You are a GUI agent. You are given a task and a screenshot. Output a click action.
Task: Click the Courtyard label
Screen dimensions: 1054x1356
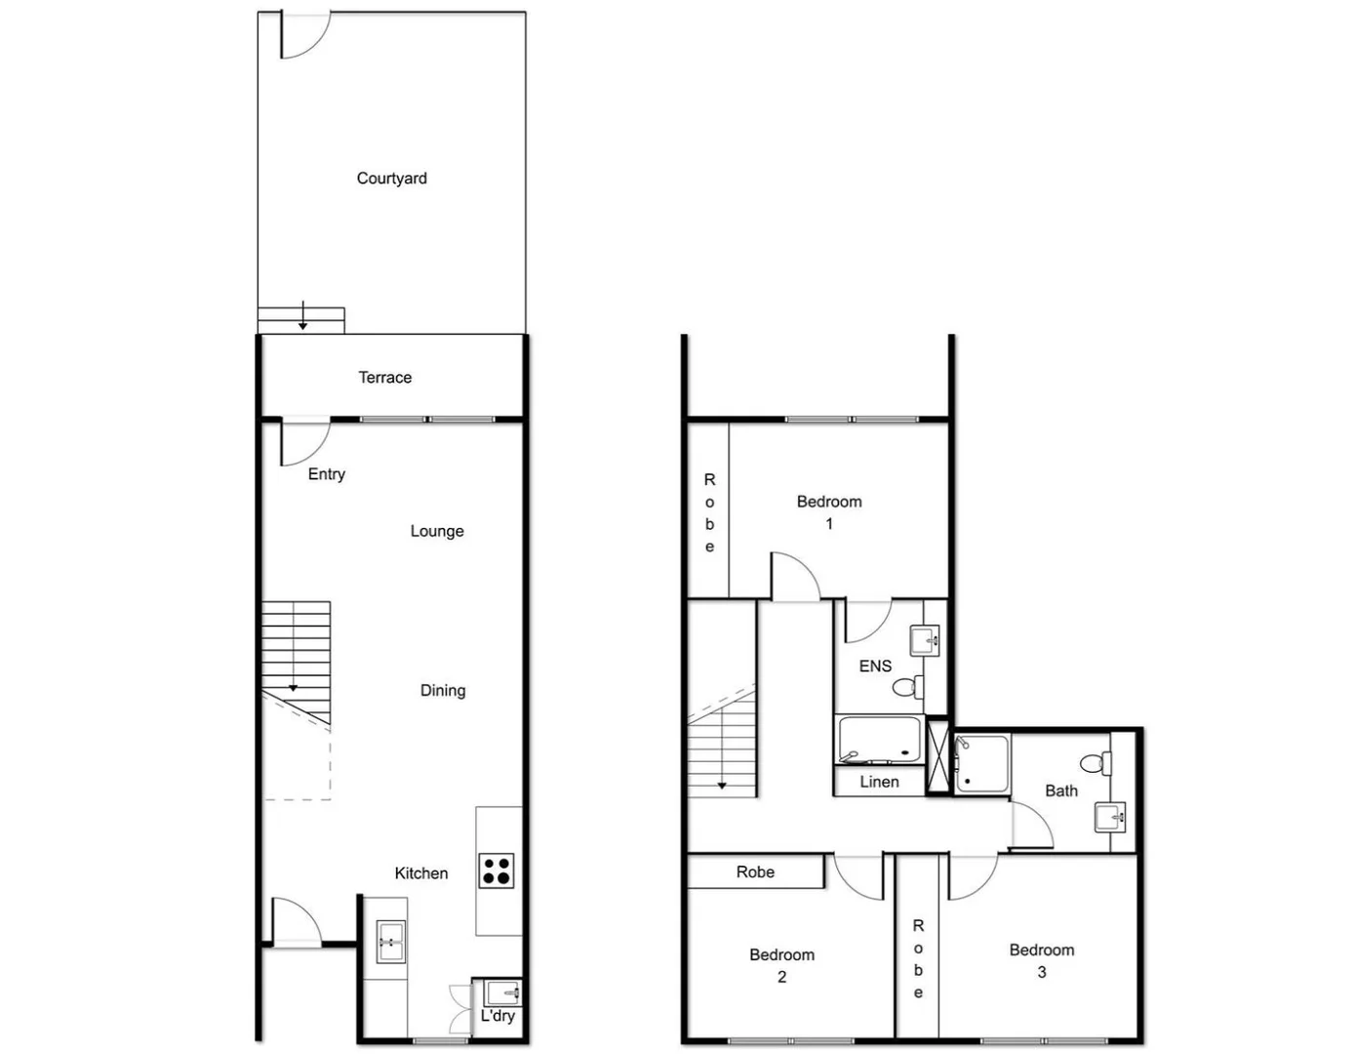391,179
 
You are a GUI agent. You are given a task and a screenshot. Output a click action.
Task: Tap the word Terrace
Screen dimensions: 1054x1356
384,378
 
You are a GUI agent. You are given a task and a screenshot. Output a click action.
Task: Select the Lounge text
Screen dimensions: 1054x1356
436,531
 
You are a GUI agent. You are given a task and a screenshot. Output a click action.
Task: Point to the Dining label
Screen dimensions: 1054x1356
442,690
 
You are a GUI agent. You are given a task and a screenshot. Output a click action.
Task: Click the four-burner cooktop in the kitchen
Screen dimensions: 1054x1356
496,870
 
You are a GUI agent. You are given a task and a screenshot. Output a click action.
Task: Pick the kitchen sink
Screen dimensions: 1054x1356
390,943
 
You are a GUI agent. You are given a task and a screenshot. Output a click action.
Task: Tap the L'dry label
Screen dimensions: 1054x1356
498,1016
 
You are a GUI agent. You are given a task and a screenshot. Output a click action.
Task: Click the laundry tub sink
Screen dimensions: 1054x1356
504,993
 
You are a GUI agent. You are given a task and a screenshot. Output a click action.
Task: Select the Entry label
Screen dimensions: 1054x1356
326,474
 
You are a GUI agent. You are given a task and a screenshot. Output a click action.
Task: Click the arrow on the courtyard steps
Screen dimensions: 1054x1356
303,316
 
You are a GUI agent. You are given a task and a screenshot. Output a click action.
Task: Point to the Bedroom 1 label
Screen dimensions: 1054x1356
829,512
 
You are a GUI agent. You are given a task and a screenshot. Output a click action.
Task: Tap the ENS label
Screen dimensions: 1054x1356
875,666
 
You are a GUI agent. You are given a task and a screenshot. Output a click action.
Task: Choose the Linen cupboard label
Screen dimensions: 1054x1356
879,782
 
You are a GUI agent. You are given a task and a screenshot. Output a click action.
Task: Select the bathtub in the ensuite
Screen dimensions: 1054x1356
879,740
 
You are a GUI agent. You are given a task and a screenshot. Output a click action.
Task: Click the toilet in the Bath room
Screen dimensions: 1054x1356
1095,763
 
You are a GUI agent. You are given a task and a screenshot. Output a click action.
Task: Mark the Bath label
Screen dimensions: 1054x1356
1061,790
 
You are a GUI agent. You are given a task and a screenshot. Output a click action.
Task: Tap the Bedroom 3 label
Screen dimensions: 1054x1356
1042,960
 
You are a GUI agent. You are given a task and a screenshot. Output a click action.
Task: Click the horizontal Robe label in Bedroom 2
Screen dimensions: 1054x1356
755,872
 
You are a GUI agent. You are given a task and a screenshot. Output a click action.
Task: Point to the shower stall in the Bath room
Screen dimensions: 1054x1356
981,763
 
